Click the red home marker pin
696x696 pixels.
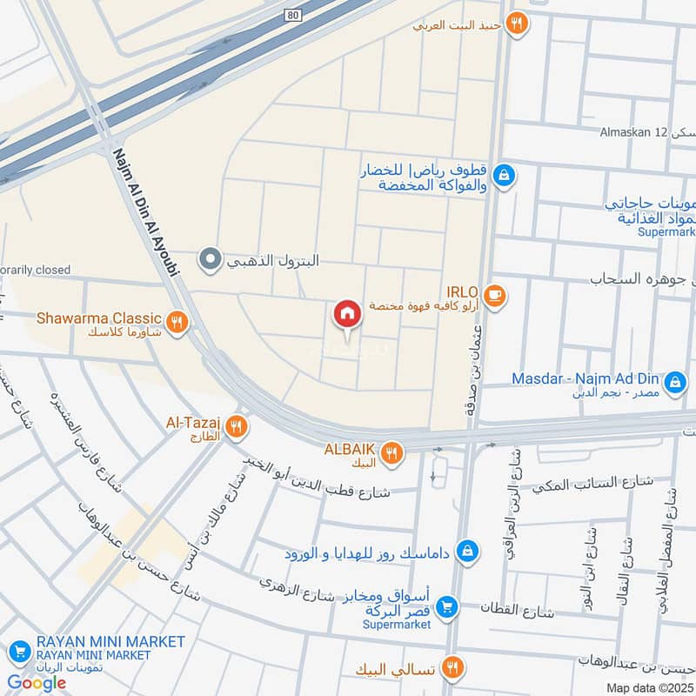click(346, 314)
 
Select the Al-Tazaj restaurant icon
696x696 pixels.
click(234, 426)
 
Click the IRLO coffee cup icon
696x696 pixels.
click(494, 295)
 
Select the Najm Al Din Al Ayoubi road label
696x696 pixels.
click(146, 211)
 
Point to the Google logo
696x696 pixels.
click(37, 683)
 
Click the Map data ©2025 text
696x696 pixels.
click(648, 687)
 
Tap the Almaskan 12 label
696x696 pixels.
click(632, 132)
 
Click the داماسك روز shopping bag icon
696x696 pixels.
click(468, 551)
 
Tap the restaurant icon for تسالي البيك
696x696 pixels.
click(452, 668)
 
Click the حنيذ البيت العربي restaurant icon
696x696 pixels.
click(518, 24)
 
